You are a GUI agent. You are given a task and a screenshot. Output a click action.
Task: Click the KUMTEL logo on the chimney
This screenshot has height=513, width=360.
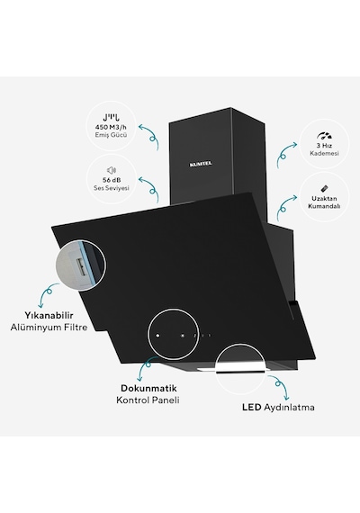(x=201, y=164)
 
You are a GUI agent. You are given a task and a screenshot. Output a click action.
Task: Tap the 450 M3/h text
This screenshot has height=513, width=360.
(x=111, y=127)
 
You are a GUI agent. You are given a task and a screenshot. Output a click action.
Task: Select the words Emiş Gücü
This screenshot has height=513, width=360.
(x=111, y=135)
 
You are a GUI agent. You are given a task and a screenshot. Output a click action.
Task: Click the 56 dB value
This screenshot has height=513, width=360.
(x=112, y=180)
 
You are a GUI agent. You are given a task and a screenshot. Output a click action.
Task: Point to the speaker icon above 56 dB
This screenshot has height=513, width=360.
(x=112, y=170)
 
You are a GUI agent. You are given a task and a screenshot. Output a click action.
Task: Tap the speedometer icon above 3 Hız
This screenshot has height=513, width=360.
(x=324, y=136)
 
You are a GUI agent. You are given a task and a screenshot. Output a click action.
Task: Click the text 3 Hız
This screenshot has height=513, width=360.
(x=324, y=146)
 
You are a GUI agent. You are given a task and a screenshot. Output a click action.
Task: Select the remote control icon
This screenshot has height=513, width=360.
(x=324, y=189)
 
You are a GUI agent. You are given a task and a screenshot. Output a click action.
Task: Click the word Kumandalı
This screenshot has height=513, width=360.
(x=324, y=206)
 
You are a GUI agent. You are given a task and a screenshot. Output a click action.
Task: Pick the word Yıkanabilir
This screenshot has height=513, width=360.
(x=49, y=315)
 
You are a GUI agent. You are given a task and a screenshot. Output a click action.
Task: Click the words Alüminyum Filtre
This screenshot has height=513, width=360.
(x=49, y=328)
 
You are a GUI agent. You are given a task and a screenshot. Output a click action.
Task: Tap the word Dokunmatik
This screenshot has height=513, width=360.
(x=148, y=388)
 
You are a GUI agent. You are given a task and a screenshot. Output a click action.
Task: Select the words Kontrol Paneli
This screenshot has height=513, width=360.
(x=148, y=400)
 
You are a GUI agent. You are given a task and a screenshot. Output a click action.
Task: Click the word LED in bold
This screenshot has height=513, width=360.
(x=252, y=408)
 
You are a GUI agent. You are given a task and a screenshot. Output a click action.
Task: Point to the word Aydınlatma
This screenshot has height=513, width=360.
(x=289, y=408)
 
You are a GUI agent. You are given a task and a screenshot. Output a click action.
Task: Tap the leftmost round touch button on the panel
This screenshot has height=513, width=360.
(x=157, y=336)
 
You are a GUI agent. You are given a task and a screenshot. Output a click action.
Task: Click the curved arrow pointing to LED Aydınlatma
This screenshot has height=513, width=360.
(x=279, y=387)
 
